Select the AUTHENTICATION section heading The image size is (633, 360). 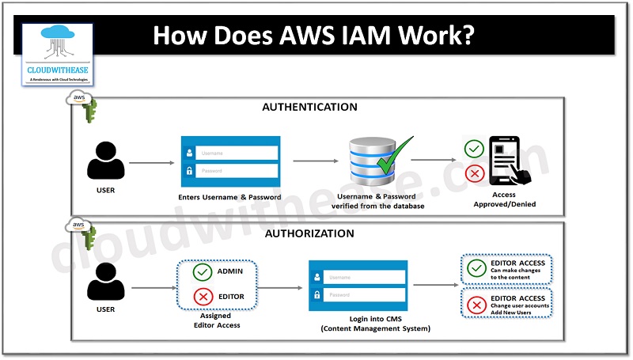pos(309,107)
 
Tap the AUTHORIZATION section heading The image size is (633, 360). pos(309,233)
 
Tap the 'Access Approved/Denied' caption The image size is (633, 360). pos(504,199)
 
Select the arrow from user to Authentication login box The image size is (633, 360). pos(151,162)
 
